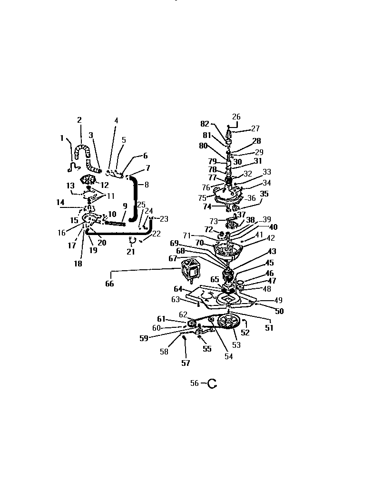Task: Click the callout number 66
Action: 110,284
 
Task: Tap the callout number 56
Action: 194,383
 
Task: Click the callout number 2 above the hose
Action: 79,120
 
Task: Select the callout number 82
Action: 205,124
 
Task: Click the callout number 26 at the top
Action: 236,117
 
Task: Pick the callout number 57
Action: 186,363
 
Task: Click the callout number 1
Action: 62,138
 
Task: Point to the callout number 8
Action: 147,185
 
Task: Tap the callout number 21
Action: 131,252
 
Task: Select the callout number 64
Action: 178,289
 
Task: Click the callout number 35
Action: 265,194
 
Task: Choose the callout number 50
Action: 279,311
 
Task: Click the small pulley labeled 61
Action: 192,324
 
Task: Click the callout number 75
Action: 202,198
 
